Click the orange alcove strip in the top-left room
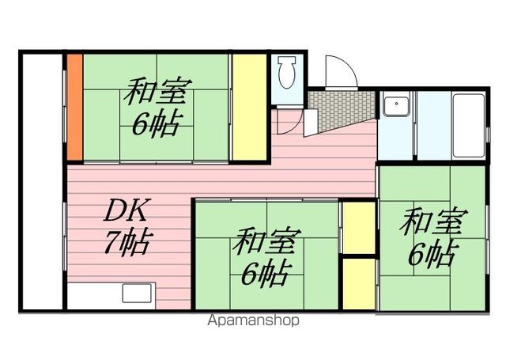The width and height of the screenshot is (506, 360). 73,106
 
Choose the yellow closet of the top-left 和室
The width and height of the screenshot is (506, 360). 247,106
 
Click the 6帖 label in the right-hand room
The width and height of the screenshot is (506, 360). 432,254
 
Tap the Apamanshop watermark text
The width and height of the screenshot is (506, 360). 253,321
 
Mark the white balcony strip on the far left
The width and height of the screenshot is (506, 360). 40,182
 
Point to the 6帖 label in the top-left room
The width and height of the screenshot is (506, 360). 154,124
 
